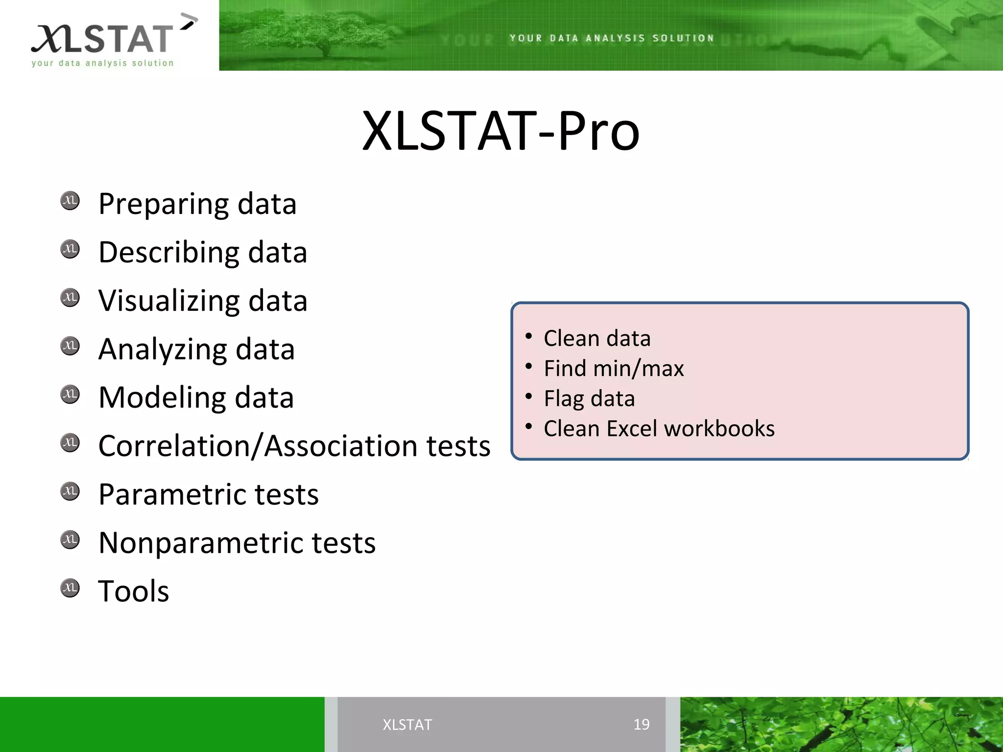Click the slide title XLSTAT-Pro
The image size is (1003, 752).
pyautogui.click(x=501, y=131)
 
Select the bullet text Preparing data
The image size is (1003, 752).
pyautogui.click(x=197, y=204)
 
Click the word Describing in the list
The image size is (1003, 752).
pyautogui.click(x=168, y=253)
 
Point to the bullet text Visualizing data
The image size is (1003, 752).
pyautogui.click(x=203, y=301)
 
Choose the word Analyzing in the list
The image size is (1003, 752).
pyautogui.click(x=162, y=350)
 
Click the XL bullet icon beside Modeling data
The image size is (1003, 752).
pyautogui.click(x=70, y=394)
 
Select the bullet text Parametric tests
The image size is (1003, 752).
pyautogui.click(x=209, y=494)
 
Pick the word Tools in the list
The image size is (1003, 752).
pyautogui.click(x=134, y=591)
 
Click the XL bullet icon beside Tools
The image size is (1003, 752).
pyautogui.click(x=70, y=587)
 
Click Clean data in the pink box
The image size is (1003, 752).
pyautogui.click(x=597, y=338)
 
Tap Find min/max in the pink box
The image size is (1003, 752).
pyautogui.click(x=614, y=368)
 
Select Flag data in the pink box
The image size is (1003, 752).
pyautogui.click(x=589, y=399)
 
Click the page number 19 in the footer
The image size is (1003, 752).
pyautogui.click(x=641, y=724)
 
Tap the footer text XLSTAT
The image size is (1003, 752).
pyautogui.click(x=407, y=725)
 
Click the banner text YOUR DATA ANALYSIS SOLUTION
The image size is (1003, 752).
pyautogui.click(x=612, y=38)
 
